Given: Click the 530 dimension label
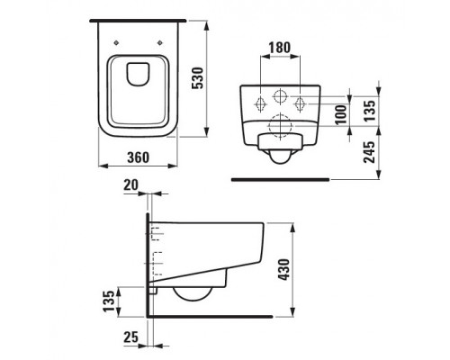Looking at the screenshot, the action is (198, 78).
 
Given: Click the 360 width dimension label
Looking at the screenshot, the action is (138, 157).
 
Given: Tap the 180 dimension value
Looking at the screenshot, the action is (280, 48).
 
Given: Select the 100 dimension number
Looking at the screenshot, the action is (340, 114).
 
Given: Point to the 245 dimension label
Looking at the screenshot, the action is (369, 152).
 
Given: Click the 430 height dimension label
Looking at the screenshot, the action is (283, 269).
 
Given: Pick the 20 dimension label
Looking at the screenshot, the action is (130, 184).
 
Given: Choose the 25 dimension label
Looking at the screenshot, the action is (130, 337).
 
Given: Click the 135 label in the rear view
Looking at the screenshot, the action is (369, 111).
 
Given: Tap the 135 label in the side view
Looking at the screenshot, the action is (109, 301).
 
